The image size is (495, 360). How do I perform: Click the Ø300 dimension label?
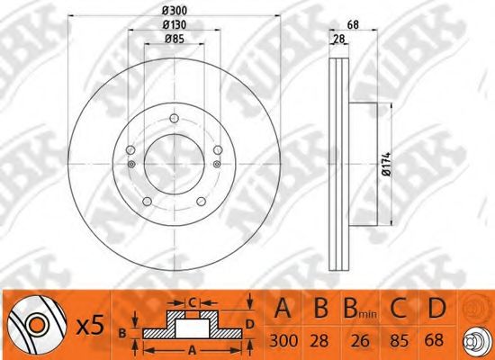pyautogui.click(x=175, y=11)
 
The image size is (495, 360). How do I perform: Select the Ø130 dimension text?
pyautogui.click(x=175, y=24)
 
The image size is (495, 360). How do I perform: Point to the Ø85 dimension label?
pyautogui.click(x=175, y=39)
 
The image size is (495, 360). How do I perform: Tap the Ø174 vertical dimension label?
pyautogui.click(x=387, y=164)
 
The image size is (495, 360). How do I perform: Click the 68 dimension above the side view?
pyautogui.click(x=353, y=24)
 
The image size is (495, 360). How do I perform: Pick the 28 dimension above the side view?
pyautogui.click(x=339, y=40)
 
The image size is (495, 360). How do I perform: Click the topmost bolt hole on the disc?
pyautogui.click(x=175, y=119)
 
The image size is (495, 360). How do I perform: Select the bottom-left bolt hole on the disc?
pyautogui.click(x=147, y=202)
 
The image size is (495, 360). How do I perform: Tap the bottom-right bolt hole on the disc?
pyautogui.click(x=201, y=202)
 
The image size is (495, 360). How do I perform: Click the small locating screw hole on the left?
pyautogui.click(x=131, y=164)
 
